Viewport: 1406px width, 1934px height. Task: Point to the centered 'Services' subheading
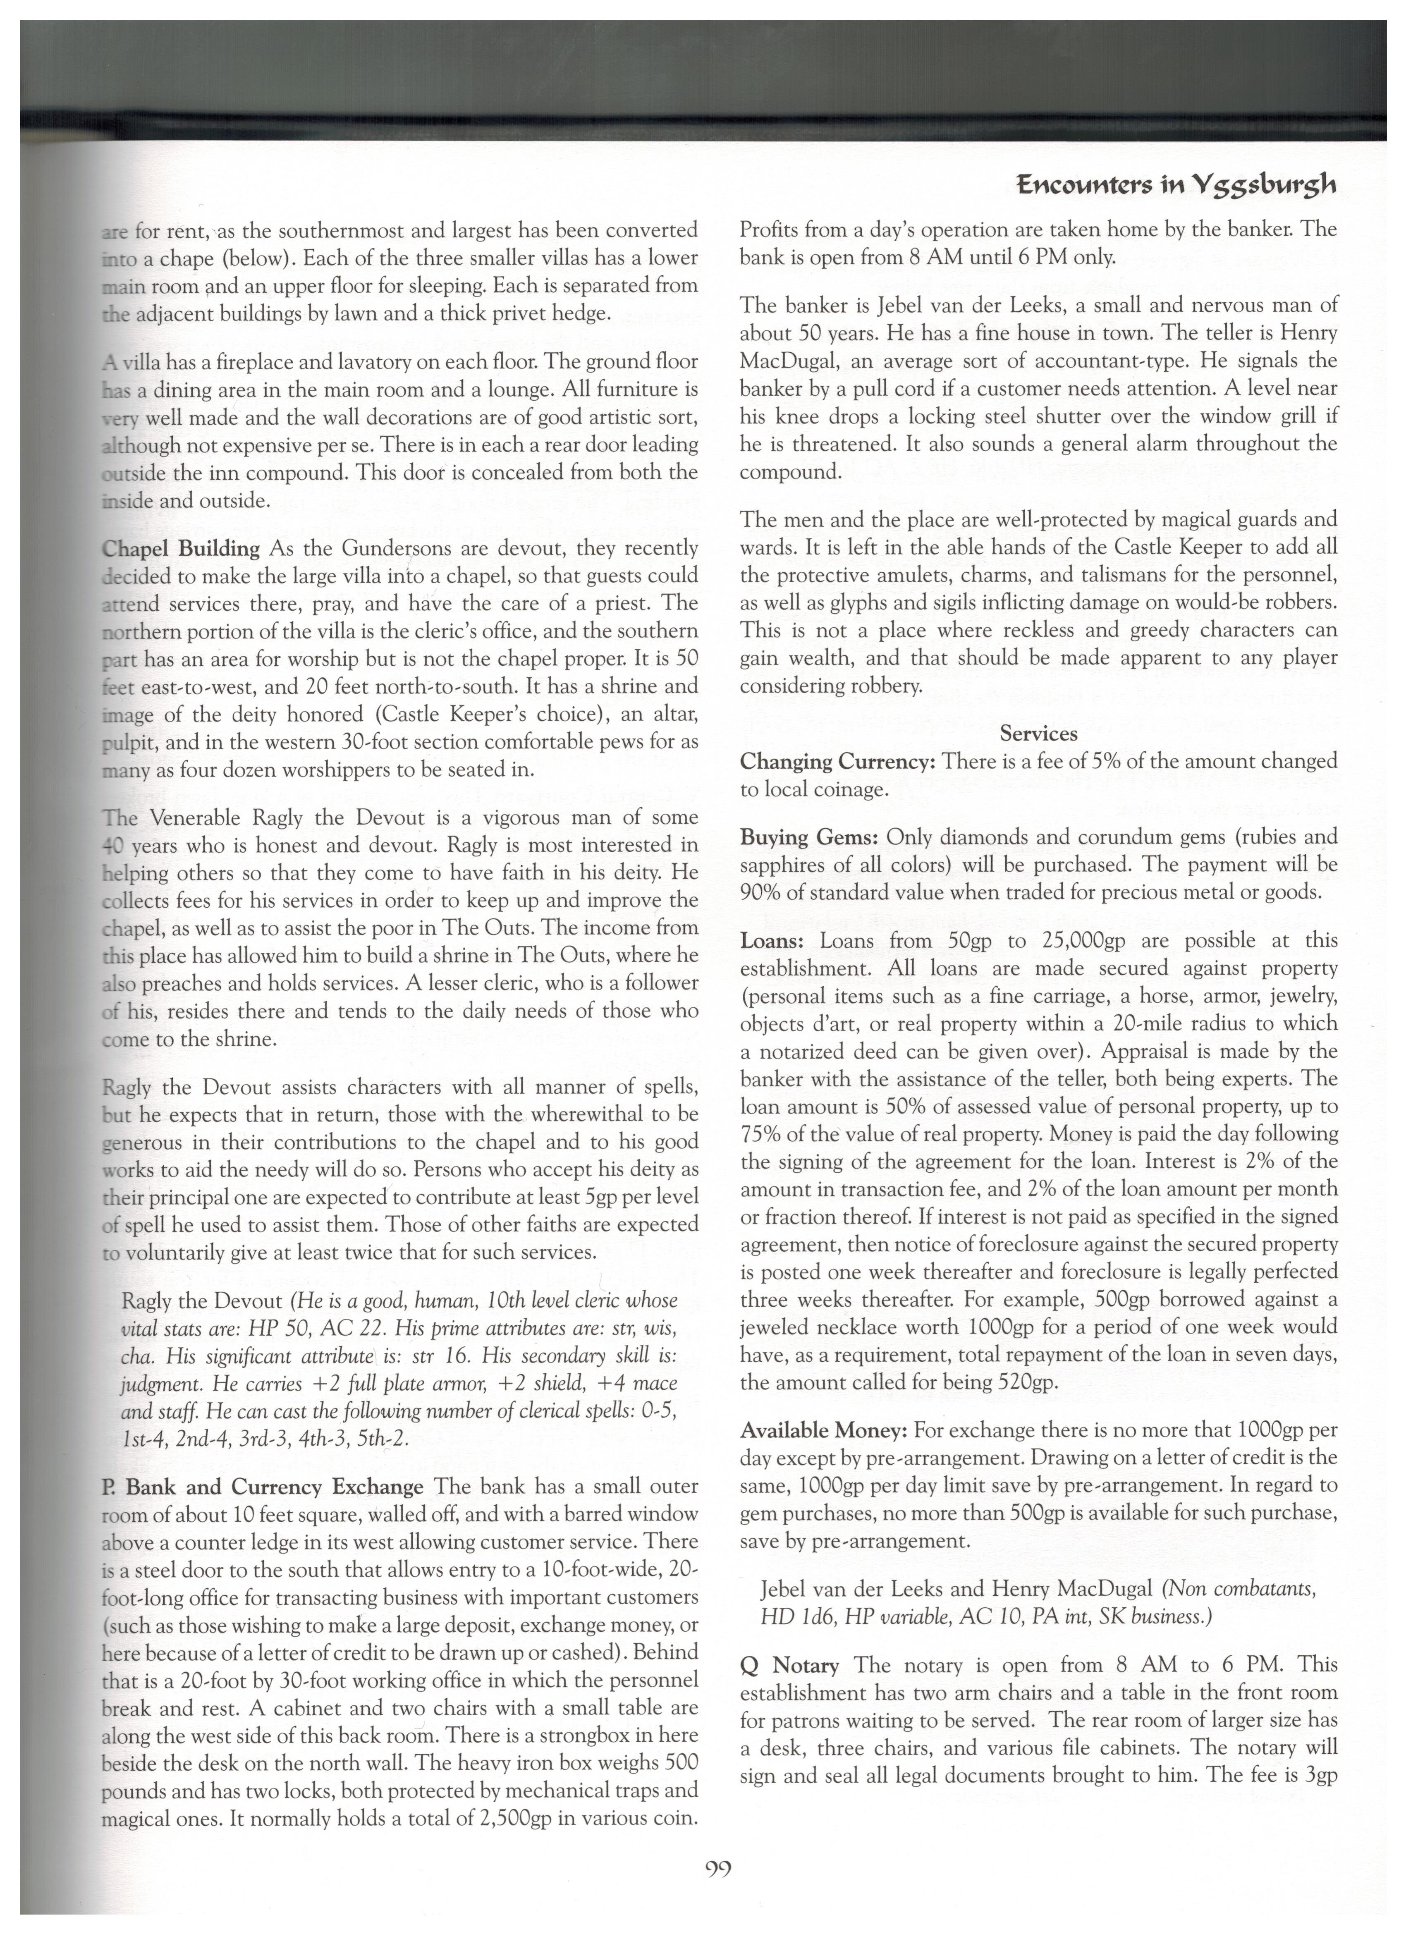pyautogui.click(x=1038, y=733)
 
